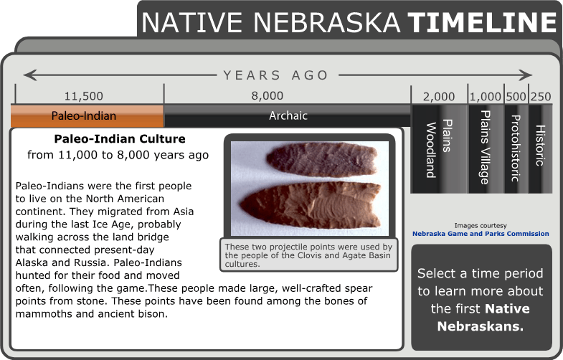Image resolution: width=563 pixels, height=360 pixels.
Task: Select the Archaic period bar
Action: click(x=287, y=115)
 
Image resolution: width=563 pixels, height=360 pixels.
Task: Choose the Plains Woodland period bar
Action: click(x=437, y=148)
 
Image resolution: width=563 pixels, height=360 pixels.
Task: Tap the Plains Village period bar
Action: click(x=485, y=148)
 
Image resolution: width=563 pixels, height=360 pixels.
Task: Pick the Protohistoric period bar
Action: click(x=515, y=148)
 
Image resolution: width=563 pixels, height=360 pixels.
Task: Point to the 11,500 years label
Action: click(x=83, y=96)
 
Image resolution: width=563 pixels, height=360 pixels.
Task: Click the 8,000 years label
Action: click(x=268, y=95)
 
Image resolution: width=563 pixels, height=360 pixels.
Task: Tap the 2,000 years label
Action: click(x=438, y=97)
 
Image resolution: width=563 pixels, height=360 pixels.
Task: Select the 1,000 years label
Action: click(x=486, y=97)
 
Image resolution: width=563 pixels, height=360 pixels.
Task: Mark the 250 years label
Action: click(x=541, y=97)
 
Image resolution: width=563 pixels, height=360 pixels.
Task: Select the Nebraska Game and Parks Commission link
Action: click(x=481, y=234)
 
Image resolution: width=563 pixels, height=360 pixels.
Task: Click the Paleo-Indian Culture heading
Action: click(x=120, y=139)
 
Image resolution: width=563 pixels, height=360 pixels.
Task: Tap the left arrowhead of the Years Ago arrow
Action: click(x=29, y=75)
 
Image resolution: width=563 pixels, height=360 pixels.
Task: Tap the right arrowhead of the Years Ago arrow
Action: click(x=526, y=75)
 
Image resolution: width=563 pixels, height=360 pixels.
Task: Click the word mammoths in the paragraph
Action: click(x=41, y=314)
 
